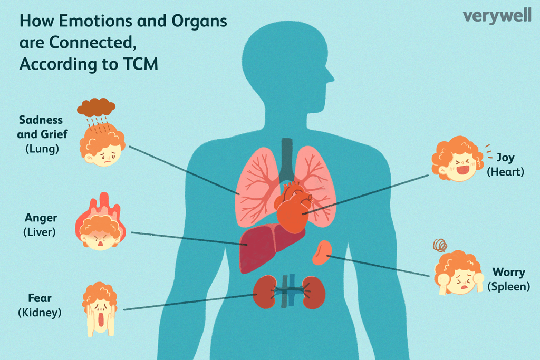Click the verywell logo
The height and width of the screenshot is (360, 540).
pyautogui.click(x=497, y=16)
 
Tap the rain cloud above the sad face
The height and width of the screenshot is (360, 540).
pyautogui.click(x=96, y=107)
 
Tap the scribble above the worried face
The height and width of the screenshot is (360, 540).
pyautogui.click(x=440, y=245)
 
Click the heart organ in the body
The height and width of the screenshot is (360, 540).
pyautogui.click(x=293, y=208)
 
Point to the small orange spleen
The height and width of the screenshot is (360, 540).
pyautogui.click(x=322, y=253)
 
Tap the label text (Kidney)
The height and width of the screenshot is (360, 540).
pyautogui.click(x=40, y=313)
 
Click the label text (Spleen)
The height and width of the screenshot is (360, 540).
pyautogui.click(x=508, y=287)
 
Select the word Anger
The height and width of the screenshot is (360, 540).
pyautogui.click(x=41, y=218)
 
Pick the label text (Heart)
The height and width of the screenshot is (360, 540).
pyautogui.click(x=505, y=172)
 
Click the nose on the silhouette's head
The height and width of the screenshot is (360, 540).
pyautogui.click(x=331, y=77)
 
